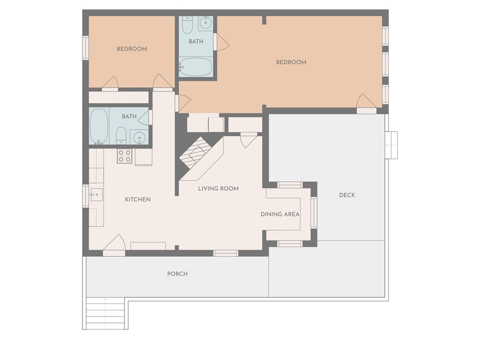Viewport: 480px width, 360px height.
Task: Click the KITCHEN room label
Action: tap(138, 199)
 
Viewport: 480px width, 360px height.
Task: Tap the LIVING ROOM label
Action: tap(218, 189)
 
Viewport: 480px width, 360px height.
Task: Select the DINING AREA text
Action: tap(280, 214)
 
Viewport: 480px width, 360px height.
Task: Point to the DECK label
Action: tap(347, 195)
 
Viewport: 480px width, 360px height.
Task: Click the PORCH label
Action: tap(177, 274)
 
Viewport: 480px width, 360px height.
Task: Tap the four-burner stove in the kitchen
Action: tap(125, 156)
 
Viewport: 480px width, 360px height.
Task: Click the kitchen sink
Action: tap(96, 194)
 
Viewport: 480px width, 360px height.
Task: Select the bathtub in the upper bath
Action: tap(196, 67)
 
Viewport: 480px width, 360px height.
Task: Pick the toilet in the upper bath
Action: tap(187, 25)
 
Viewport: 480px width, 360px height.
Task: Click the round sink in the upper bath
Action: tap(206, 22)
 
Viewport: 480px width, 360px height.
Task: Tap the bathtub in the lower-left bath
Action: tap(99, 126)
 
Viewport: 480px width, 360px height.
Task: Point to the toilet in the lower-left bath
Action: tap(121, 136)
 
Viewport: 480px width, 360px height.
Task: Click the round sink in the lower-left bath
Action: tap(139, 138)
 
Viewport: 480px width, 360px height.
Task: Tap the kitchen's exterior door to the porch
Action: tap(114, 245)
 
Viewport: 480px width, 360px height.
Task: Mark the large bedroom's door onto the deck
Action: tap(366, 103)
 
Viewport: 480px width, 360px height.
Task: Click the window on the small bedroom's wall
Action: tap(86, 48)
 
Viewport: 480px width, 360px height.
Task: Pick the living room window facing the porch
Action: tap(226, 253)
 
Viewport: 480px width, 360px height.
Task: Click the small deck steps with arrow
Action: tap(391, 145)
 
